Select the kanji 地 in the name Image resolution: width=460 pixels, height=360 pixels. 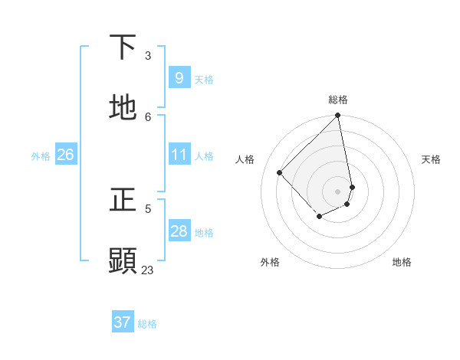click(123, 107)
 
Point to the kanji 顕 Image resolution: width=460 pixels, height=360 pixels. click(123, 260)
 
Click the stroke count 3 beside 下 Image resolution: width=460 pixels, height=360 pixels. click(148, 55)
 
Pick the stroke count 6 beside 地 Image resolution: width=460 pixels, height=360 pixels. click(148, 116)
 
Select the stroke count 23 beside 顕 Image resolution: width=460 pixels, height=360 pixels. click(148, 270)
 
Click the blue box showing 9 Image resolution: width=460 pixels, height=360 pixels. click(179, 78)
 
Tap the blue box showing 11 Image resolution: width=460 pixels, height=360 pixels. click(179, 155)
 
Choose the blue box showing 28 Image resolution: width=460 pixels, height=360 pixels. click(179, 231)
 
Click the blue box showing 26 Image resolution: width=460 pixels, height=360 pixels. click(65, 155)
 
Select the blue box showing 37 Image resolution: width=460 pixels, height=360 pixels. click(122, 322)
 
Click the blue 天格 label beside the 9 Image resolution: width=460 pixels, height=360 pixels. click(204, 79)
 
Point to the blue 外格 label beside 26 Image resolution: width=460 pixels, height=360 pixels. click(41, 155)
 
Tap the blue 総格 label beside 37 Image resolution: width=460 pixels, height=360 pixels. click(147, 323)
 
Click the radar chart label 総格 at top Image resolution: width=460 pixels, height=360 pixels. click(338, 100)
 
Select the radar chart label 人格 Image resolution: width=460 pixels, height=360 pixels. click(245, 159)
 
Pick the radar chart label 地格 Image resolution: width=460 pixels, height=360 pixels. click(402, 262)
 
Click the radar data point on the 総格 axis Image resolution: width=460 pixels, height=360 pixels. click(338, 116)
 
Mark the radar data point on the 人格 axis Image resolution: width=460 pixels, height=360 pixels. click(280, 172)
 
